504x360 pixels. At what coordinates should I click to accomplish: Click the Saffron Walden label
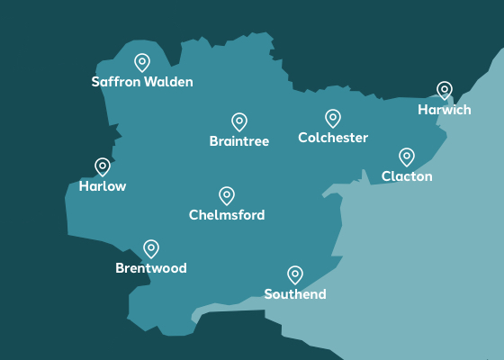click(142, 82)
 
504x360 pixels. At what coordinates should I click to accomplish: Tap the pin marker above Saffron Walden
click(142, 62)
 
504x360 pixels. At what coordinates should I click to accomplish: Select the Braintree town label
click(239, 141)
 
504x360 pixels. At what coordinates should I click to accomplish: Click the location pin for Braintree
click(239, 121)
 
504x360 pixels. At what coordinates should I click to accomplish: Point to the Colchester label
click(333, 138)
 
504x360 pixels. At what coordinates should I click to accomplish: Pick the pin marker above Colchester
click(333, 118)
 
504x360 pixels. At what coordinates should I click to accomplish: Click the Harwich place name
click(445, 110)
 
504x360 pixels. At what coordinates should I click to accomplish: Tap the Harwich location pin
click(445, 90)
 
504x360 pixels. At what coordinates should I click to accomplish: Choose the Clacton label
click(407, 176)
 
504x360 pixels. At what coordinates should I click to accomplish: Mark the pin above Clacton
click(407, 157)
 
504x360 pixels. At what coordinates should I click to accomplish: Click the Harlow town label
click(103, 186)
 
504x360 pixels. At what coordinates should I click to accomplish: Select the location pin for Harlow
click(103, 166)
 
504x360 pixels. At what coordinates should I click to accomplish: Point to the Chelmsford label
click(227, 215)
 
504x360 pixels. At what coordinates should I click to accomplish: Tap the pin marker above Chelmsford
click(227, 195)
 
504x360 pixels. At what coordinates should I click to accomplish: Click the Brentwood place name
click(151, 268)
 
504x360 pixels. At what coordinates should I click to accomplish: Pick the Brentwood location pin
click(151, 248)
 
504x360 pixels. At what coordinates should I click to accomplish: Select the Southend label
click(295, 294)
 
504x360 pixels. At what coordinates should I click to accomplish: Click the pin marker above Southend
click(295, 274)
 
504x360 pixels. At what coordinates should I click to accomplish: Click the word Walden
click(169, 82)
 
